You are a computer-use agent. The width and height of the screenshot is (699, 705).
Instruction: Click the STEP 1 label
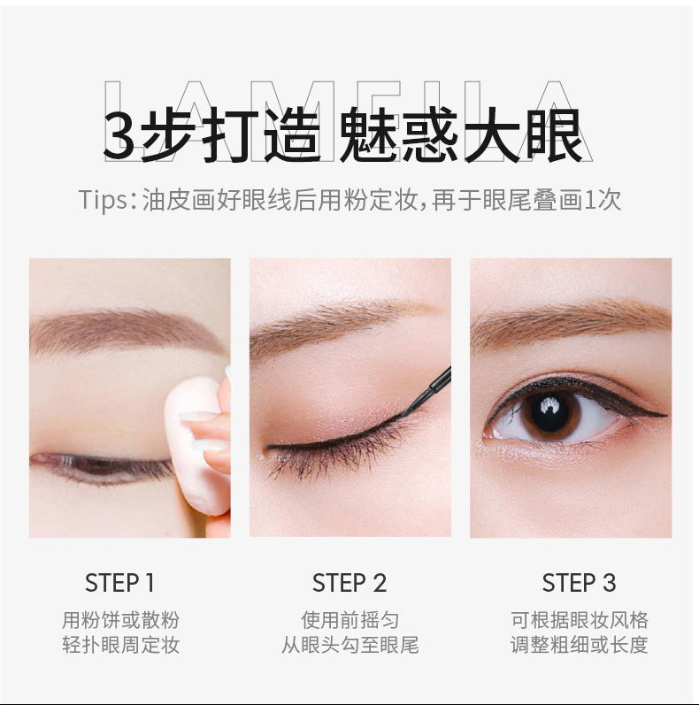[119, 583]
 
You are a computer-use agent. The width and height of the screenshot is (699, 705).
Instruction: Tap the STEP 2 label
[349, 583]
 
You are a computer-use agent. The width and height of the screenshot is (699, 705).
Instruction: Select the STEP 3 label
[579, 583]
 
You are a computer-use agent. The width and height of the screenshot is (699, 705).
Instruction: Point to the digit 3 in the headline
[119, 134]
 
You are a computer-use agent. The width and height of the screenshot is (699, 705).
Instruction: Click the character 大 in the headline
[493, 134]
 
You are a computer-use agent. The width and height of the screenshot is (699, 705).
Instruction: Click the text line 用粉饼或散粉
[120, 620]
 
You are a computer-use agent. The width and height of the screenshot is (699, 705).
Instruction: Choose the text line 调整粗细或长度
[580, 645]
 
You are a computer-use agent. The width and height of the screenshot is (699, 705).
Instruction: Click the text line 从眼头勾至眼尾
[350, 645]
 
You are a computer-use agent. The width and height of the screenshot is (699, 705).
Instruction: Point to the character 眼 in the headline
[556, 134]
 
